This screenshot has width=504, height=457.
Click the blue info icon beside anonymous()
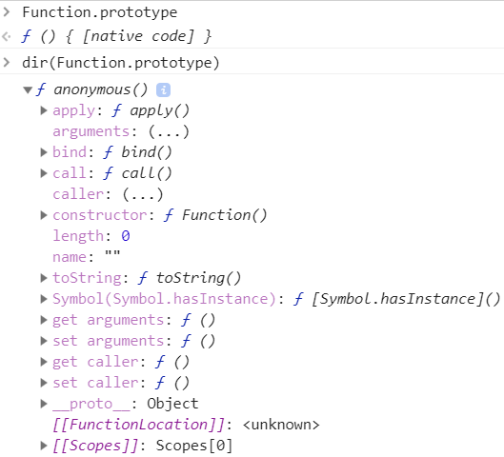pos(163,90)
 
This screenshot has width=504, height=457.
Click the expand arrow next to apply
pos(44,110)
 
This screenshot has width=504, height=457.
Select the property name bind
pos(70,152)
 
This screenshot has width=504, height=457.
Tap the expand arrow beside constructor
pos(44,215)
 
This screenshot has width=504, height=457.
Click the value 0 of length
pos(126,236)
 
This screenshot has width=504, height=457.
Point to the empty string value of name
pos(112,253)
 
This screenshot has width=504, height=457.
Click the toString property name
pos(87,278)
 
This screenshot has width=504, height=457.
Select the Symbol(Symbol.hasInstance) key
pos(164,299)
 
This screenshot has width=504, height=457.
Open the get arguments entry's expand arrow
pos(44,320)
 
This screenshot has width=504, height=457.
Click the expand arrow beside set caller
pos(44,383)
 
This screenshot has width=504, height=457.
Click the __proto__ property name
pos(91,405)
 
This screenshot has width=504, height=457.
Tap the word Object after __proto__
pos(172,404)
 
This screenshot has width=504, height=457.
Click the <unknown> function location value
pos(281,425)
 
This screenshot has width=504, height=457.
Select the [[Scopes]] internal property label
pos(95,446)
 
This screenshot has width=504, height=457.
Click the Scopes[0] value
pos(193,446)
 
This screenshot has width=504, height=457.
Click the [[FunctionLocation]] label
pos(138,425)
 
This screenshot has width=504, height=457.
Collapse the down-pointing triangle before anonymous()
pos(28,89)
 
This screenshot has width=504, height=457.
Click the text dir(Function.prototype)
pos(121,63)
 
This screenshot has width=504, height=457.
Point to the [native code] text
pos(138,36)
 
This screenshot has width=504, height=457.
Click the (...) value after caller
pos(143,194)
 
